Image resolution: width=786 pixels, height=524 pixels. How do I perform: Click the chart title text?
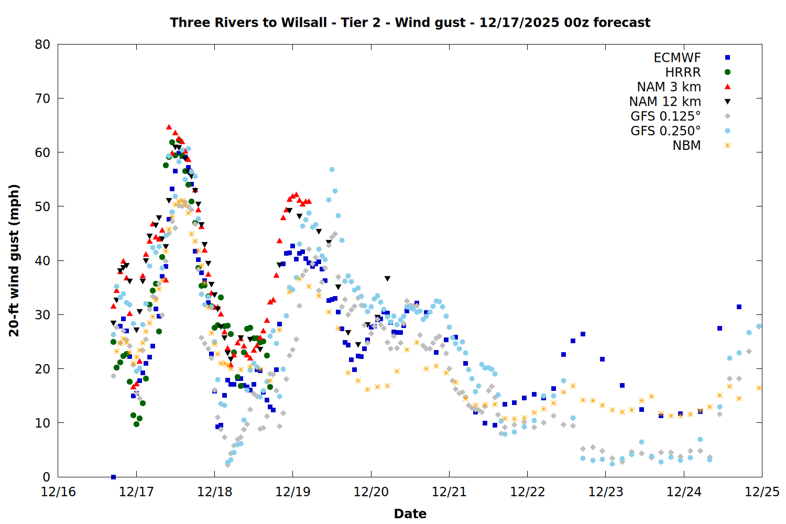coord(410,23)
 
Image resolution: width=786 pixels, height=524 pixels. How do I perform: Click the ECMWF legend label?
coord(677,58)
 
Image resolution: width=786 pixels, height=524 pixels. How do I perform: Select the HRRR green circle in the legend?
coord(727,72)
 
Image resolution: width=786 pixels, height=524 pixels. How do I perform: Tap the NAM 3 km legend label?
coord(669,87)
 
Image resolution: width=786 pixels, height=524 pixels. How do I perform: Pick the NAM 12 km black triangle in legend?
coord(727,102)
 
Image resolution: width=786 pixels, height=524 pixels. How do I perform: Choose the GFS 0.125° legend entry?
coord(665,116)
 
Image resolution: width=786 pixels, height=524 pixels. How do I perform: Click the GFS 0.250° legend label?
coord(665,131)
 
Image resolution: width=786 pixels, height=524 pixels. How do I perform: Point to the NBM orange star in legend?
coord(727,146)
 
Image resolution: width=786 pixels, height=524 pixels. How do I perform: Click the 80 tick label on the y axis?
coord(43,45)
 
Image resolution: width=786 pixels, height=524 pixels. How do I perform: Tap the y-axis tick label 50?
coord(43,206)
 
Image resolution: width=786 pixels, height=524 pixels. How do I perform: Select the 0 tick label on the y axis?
coord(47,477)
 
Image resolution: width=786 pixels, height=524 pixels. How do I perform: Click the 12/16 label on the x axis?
coord(58,493)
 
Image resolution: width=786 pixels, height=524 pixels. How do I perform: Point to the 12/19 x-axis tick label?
coord(292,493)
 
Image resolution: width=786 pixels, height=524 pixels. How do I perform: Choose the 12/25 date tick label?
coord(762,493)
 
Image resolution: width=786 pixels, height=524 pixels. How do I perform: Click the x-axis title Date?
coord(410,514)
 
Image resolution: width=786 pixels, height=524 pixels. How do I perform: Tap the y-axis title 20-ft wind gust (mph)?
coord(14,260)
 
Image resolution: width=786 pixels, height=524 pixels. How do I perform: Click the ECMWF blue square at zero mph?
coord(113,477)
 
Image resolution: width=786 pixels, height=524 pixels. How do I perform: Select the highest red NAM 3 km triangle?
coord(169,127)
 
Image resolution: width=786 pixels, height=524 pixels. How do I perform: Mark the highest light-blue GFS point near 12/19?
coord(332,170)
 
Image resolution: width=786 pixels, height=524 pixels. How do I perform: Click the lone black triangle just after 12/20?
coord(387,279)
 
